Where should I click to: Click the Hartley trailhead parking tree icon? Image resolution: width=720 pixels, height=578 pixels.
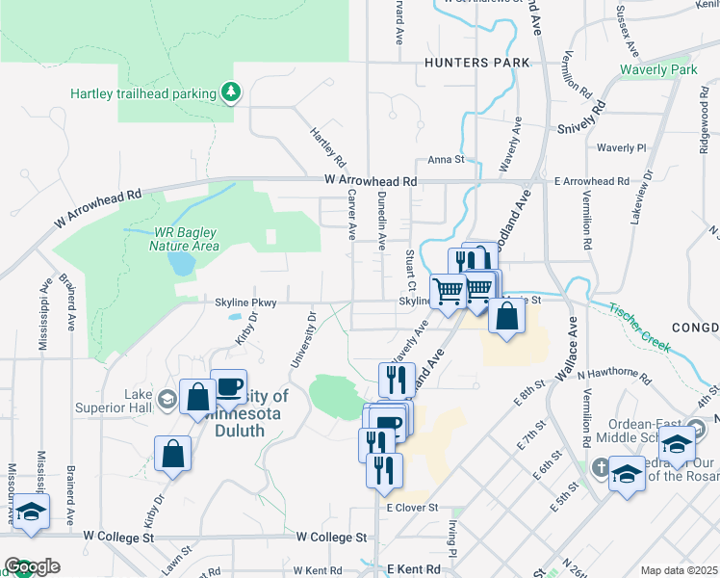click(231, 92)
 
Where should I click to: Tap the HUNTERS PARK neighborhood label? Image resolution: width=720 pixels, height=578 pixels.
click(476, 63)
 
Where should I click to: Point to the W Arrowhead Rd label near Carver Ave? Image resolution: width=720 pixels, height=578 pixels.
click(371, 181)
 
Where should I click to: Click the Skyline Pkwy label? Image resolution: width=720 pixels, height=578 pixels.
click(245, 302)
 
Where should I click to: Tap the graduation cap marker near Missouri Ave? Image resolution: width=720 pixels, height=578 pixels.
click(31, 511)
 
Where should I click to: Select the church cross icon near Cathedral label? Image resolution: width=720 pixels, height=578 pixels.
click(598, 467)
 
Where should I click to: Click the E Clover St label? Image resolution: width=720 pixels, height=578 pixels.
click(412, 508)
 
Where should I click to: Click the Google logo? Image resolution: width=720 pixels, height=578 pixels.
click(32, 566)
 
